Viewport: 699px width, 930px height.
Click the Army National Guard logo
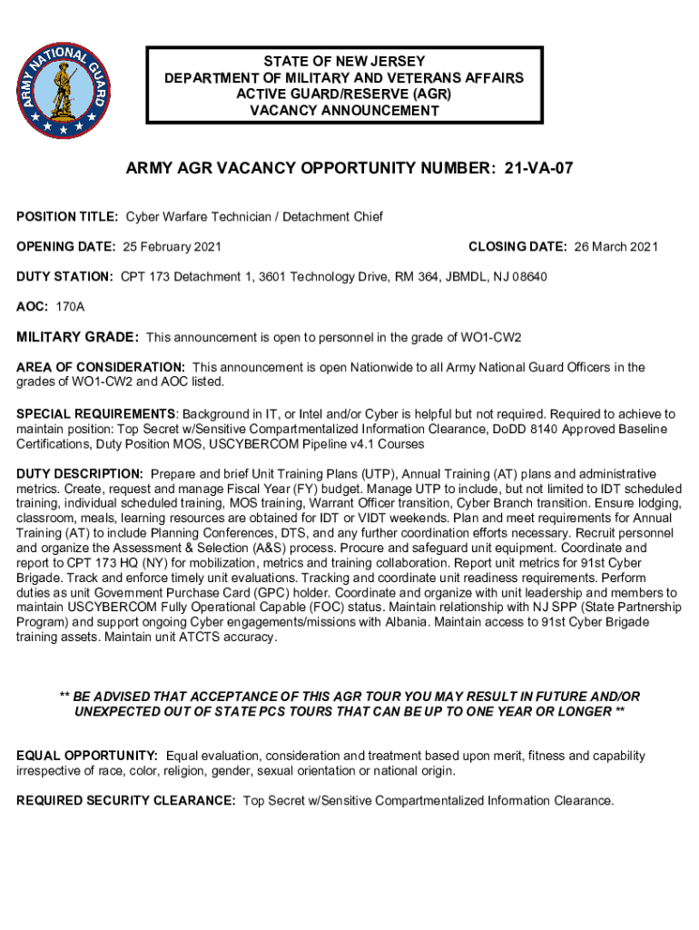coord(64,87)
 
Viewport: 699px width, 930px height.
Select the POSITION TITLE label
coord(68,217)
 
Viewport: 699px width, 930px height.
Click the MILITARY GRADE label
coord(78,338)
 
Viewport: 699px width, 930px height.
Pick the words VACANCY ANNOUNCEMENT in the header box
coord(344,111)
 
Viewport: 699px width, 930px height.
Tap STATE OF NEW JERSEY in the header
coord(344,62)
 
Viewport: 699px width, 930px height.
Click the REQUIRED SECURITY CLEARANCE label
coord(126,801)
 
